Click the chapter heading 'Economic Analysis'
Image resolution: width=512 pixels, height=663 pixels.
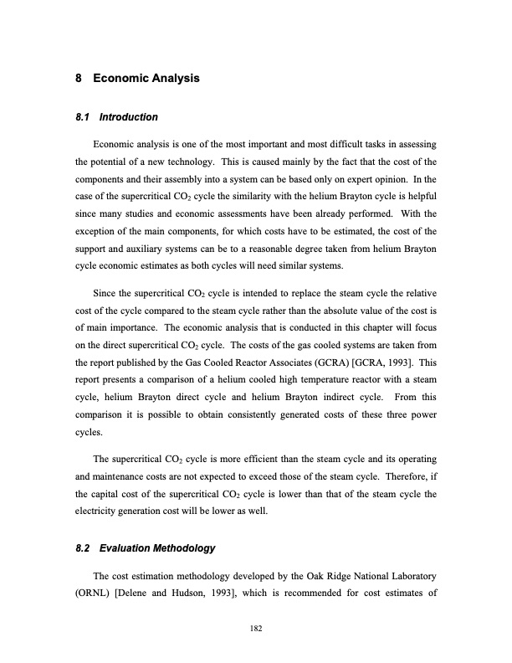pyautogui.click(x=146, y=80)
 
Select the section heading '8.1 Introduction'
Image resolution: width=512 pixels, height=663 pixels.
pyautogui.click(x=116, y=116)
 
